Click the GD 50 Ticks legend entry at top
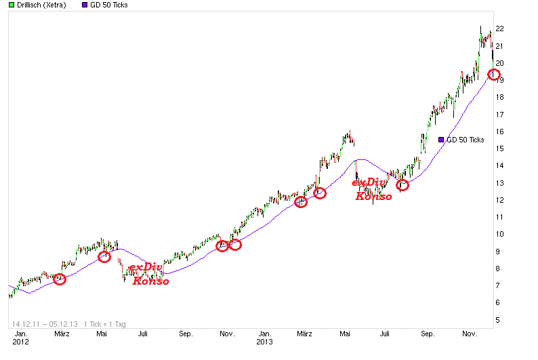105,5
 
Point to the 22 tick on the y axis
500,28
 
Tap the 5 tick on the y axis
499,320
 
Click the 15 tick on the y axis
500,148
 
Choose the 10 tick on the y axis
500,235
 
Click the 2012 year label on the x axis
21,342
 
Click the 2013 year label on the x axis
266,342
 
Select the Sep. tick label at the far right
428,334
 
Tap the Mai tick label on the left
101,334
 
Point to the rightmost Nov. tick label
470,334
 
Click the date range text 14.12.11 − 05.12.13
45,324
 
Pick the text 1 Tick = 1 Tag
106,324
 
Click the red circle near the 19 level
493,74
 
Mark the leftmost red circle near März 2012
60,279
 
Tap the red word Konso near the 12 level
373,196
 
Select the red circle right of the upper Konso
402,185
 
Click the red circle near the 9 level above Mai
104,256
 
